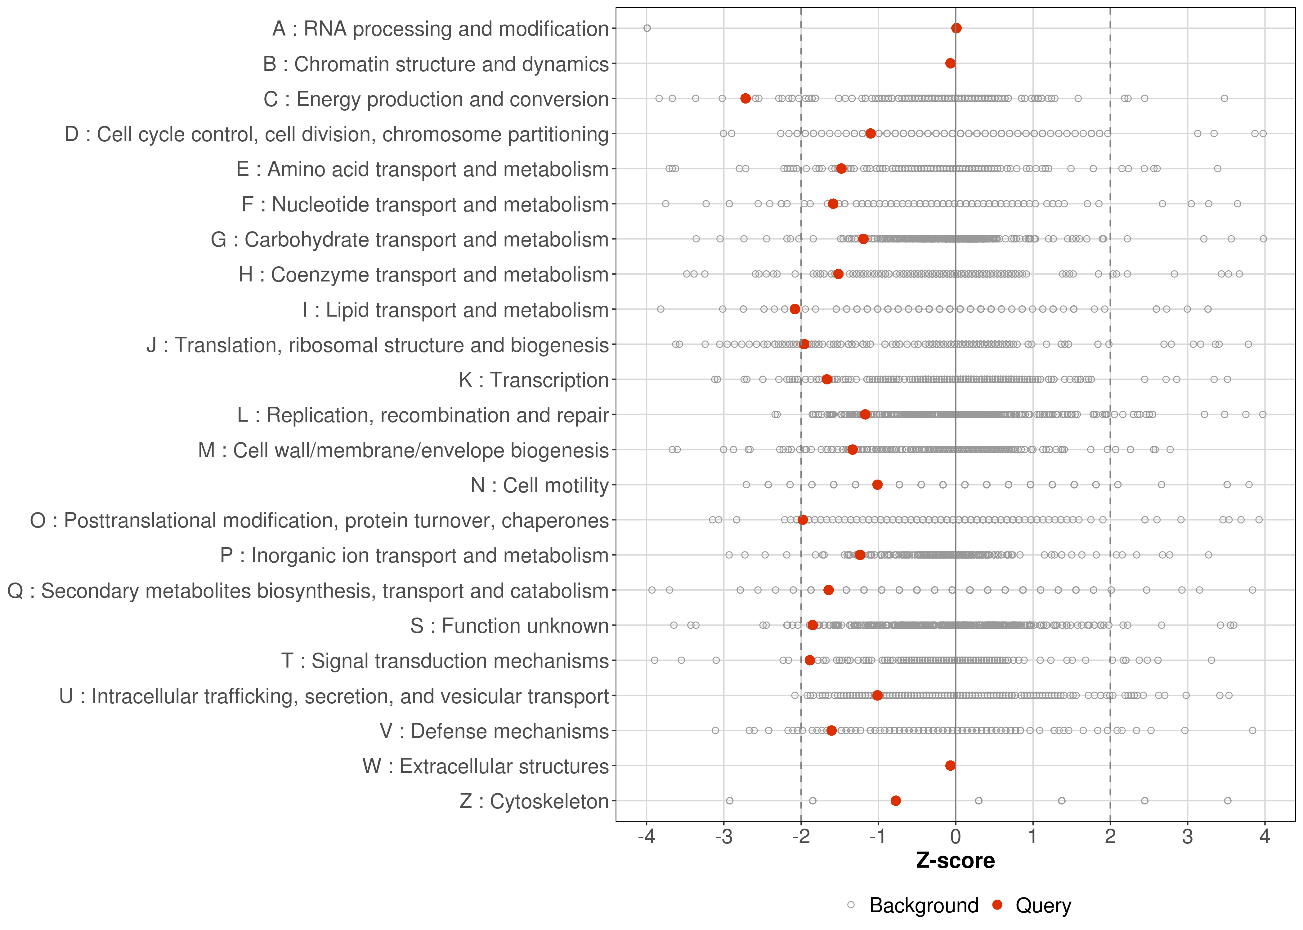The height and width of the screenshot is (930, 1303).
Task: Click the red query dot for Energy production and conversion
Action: click(745, 99)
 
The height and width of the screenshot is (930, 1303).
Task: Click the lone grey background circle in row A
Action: click(647, 28)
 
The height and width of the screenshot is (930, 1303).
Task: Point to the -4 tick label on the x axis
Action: click(646, 837)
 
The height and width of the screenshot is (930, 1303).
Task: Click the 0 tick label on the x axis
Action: click(955, 837)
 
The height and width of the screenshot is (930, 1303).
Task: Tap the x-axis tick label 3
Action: click(1187, 837)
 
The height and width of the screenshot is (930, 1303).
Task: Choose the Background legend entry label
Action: click(924, 906)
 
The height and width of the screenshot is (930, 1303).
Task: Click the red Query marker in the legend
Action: click(998, 905)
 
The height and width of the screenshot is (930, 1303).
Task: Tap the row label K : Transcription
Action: click(534, 380)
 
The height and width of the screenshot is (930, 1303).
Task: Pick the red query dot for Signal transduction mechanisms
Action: click(810, 660)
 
